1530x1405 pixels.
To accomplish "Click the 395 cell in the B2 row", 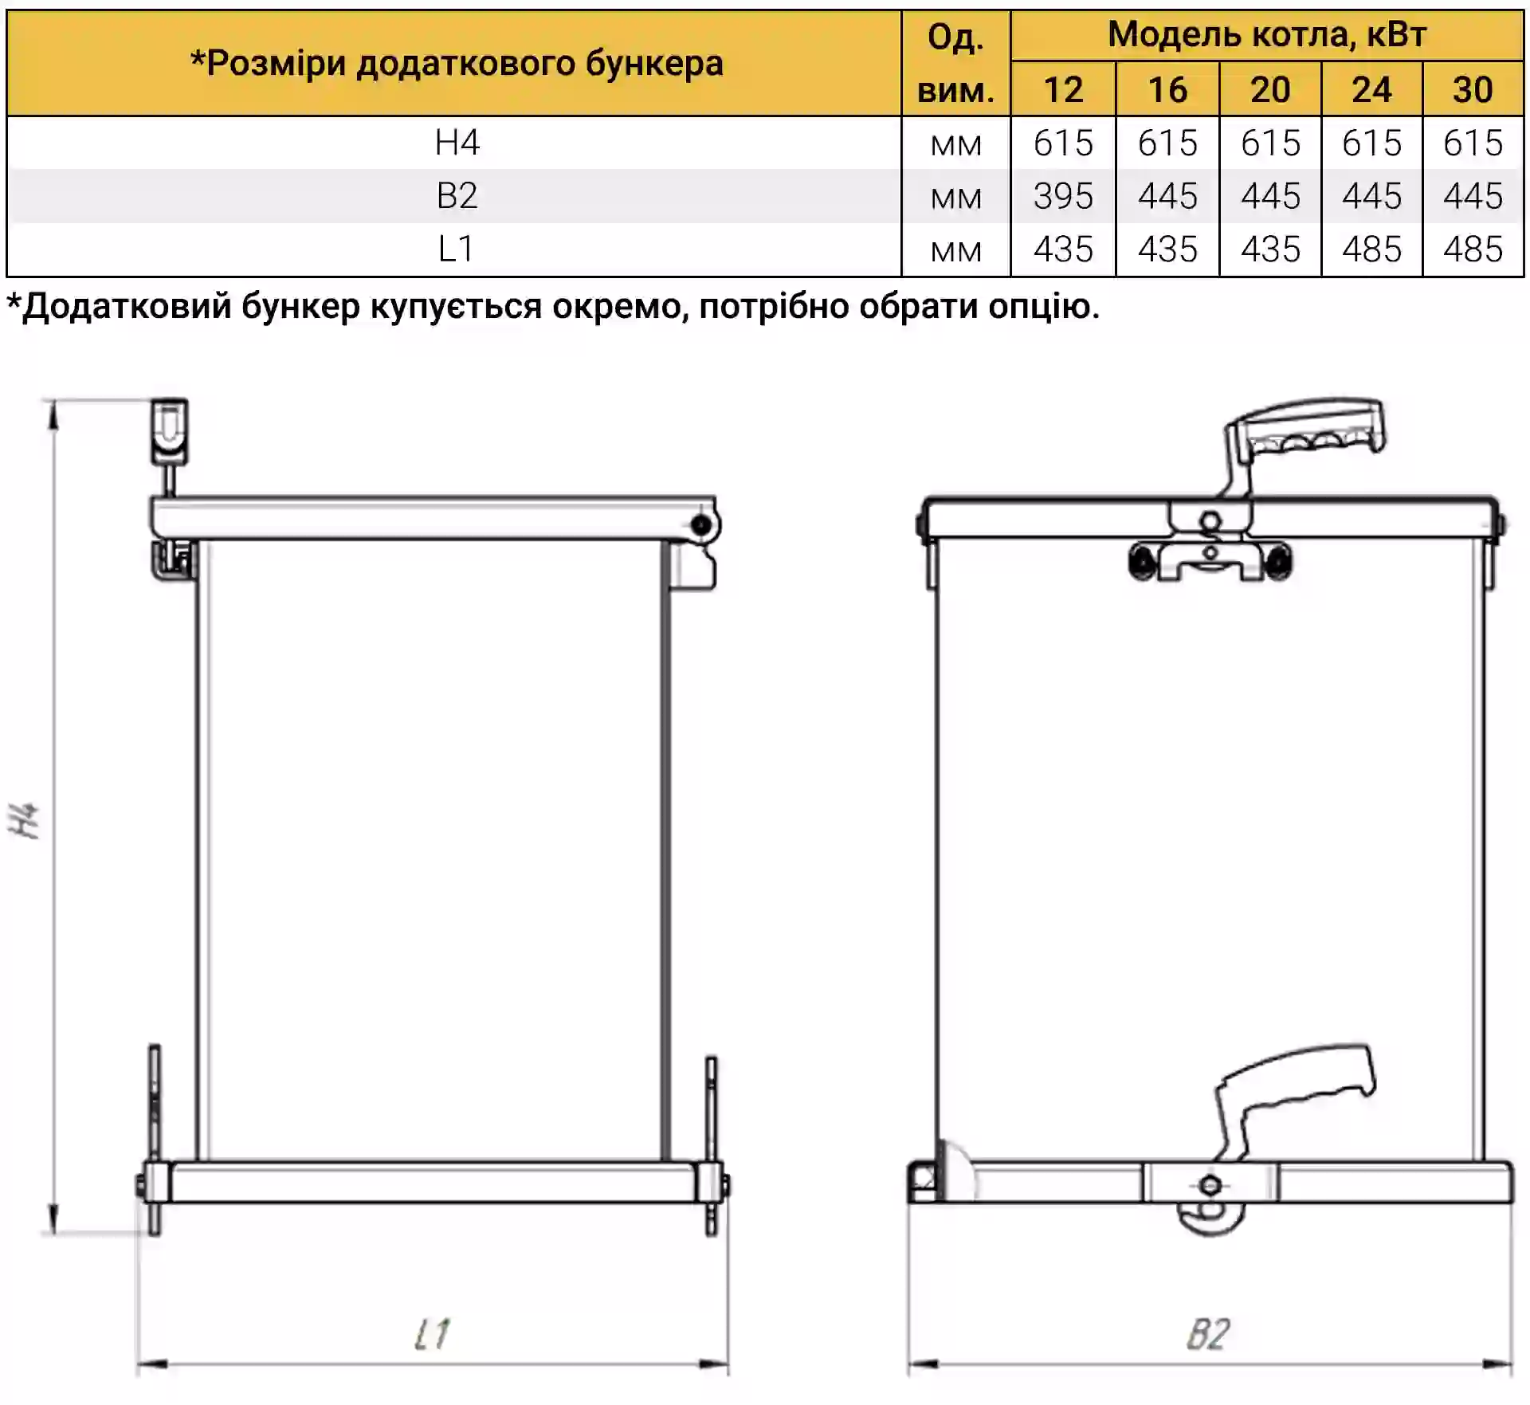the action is (x=1063, y=196).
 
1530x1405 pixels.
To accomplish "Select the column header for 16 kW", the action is (x=1167, y=89).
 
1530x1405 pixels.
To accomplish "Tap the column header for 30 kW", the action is (x=1473, y=89).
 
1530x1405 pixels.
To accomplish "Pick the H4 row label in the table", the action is (x=457, y=143).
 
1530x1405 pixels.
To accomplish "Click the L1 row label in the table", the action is (x=456, y=249).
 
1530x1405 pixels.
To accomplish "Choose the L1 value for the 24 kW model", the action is (x=1371, y=249).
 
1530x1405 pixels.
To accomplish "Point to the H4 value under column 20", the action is (x=1270, y=143).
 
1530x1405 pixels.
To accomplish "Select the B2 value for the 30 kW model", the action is (x=1473, y=196).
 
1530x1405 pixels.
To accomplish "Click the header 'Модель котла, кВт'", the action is (x=1267, y=34).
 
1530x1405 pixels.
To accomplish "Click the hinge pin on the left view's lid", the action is (x=701, y=525).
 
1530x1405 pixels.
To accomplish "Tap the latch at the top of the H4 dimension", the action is (x=169, y=431).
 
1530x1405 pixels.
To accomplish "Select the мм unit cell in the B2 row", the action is (x=955, y=198).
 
